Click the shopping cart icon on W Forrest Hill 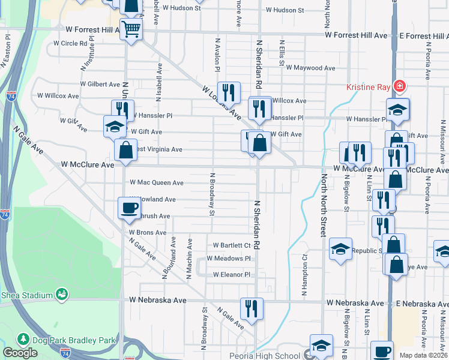point(131,28)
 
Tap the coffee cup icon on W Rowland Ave point(128,208)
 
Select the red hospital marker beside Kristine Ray point(397,86)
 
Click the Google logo point(20,353)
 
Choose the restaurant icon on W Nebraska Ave point(252,308)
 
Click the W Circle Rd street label point(70,43)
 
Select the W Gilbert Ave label point(100,85)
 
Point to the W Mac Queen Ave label point(157,182)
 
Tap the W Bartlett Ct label point(232,245)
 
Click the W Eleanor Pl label point(231,274)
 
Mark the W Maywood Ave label point(310,68)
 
